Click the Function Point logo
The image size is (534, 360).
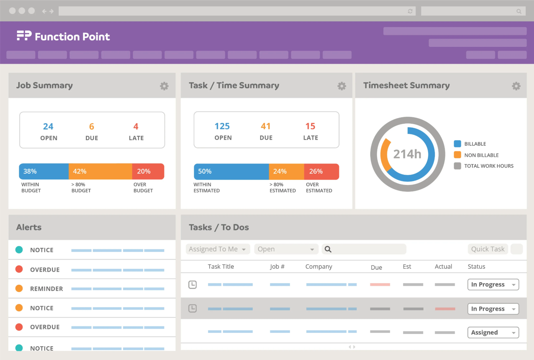(x=63, y=36)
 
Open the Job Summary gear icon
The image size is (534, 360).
(x=164, y=86)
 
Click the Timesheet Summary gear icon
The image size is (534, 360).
(x=516, y=86)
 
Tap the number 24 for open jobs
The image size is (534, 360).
(x=48, y=127)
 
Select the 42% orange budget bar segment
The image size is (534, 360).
(x=100, y=171)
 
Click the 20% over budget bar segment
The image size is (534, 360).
(x=148, y=171)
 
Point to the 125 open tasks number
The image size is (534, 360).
(x=222, y=126)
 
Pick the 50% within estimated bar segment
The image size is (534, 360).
(x=231, y=171)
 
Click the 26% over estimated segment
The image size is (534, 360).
(x=321, y=171)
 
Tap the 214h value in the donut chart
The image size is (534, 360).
(x=407, y=154)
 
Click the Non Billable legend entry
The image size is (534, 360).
(x=481, y=155)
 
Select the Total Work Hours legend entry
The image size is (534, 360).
(x=488, y=166)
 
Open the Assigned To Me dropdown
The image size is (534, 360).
(x=218, y=249)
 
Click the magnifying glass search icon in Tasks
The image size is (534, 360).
(x=328, y=249)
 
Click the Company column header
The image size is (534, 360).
(x=319, y=267)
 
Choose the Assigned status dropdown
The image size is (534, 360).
(x=493, y=333)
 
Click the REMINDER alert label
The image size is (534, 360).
(x=46, y=289)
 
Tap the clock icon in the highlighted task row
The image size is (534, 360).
(x=192, y=309)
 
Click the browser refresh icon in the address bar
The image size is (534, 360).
(x=410, y=11)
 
